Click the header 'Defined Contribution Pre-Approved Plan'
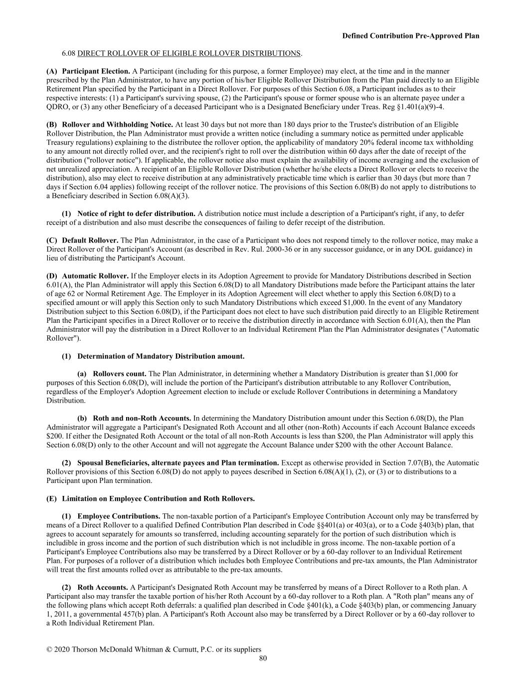coord(410,36)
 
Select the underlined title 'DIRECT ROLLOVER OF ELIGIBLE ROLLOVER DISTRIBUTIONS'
coord(189,53)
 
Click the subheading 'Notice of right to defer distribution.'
coord(136,214)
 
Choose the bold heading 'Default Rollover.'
coord(90,240)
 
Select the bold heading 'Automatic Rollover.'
coord(95,276)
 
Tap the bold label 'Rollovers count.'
coord(120,374)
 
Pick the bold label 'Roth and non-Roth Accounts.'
coord(142,419)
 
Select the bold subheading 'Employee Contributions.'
coord(119,516)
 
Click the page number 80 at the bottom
coord(263,659)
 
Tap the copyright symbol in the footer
coord(49,650)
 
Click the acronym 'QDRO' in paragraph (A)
coord(56,107)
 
